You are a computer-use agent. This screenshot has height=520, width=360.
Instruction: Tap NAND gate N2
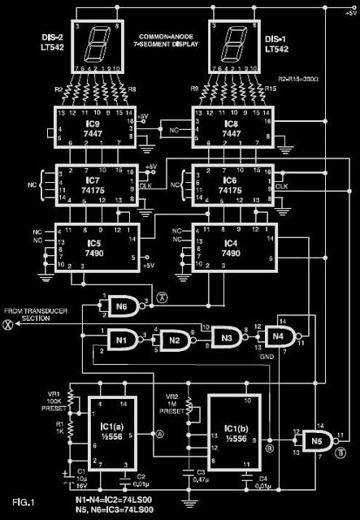tap(172, 339)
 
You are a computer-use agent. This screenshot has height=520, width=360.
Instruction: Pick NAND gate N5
tap(310, 442)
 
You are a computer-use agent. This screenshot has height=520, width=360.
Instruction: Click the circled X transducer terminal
tap(10, 323)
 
